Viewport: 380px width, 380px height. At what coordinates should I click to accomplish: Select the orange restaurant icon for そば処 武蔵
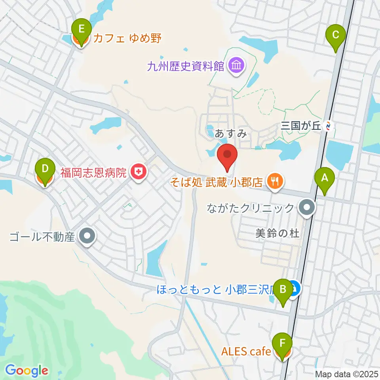274,182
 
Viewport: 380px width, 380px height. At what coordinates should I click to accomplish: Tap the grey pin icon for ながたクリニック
307,207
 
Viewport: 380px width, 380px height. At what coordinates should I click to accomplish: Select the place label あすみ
231,134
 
